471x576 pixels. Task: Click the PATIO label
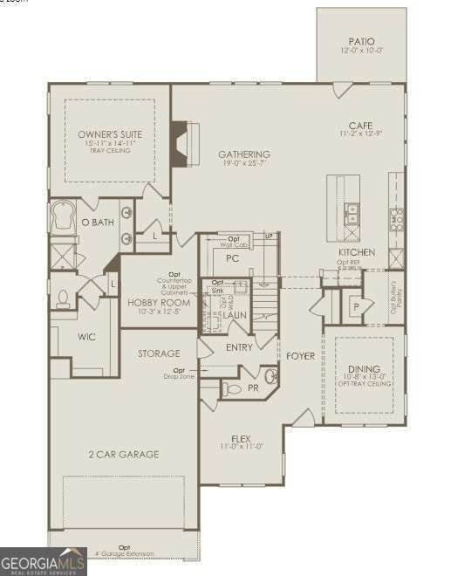tap(361, 40)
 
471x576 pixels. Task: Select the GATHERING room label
tap(243, 154)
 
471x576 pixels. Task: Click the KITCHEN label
tap(357, 252)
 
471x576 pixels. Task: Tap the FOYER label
tap(301, 356)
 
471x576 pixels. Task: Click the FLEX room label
tap(242, 438)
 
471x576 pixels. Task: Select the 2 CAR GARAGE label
tap(123, 454)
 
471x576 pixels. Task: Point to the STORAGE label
tap(159, 353)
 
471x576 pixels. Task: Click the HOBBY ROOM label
tap(159, 303)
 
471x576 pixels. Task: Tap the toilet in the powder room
tap(229, 388)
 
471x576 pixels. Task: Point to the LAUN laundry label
tap(233, 314)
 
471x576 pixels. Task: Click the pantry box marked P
tap(356, 307)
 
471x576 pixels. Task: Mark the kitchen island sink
tap(352, 209)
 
